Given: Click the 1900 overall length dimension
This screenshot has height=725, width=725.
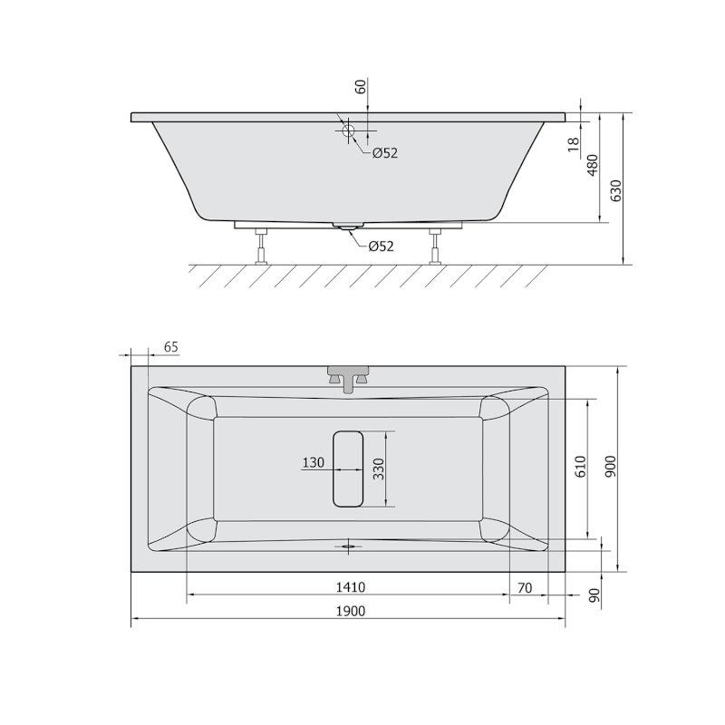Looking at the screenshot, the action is (x=351, y=611).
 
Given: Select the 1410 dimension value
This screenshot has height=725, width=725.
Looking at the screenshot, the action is (x=351, y=587).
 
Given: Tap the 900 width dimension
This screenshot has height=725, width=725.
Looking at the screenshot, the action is (x=611, y=467).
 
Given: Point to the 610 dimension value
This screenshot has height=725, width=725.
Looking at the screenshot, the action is (x=581, y=467).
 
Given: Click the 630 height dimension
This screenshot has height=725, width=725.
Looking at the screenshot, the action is (x=616, y=190).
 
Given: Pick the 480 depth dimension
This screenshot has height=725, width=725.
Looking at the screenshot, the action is (x=593, y=166).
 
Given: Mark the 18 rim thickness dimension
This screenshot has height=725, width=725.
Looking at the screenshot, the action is (x=574, y=144).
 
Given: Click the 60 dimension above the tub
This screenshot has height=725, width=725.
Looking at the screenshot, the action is (x=361, y=86).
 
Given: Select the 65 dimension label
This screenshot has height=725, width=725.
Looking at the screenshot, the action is (x=171, y=347).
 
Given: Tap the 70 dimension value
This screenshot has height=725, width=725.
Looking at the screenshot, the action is (x=525, y=587).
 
